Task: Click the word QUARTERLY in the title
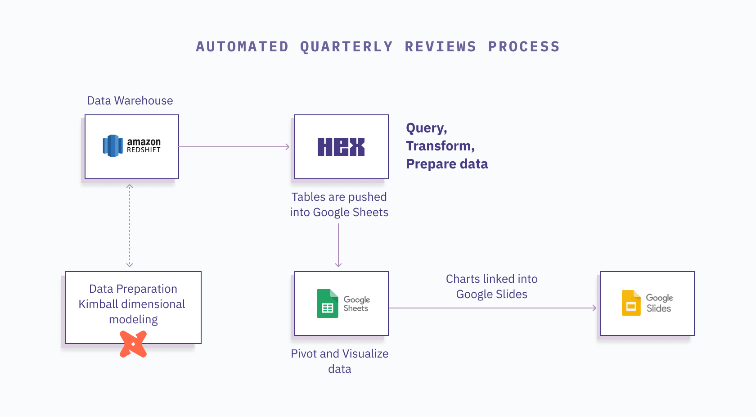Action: coord(346,47)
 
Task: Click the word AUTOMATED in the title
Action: coord(242,47)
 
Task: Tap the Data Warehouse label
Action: coord(130,100)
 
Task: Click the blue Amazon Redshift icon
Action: coord(113,146)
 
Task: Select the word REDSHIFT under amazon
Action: coord(144,150)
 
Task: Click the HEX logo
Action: coord(341,147)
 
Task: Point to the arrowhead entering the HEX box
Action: coord(288,147)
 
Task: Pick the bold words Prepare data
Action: coord(447,164)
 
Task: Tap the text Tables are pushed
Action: coord(339,197)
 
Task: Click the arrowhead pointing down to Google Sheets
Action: coord(338,265)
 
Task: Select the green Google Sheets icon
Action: coord(328,304)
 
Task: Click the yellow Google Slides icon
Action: coord(631,303)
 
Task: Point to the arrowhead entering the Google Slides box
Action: coord(594,308)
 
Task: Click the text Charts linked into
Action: coord(491,279)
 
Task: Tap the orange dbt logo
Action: coord(133,344)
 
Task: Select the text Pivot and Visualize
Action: coord(339,354)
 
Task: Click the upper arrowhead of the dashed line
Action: coord(130,186)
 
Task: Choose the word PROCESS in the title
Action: coord(524,47)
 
